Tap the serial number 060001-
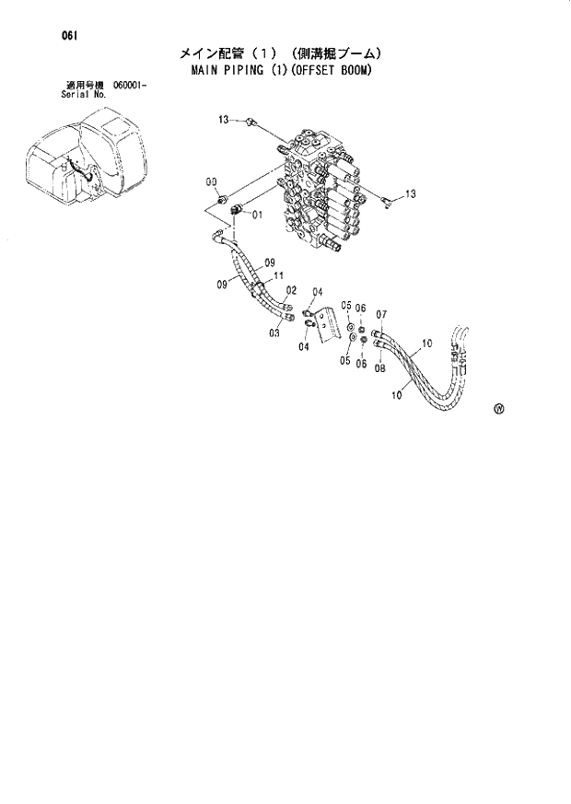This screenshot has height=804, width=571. (x=131, y=86)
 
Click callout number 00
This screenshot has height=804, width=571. (x=211, y=181)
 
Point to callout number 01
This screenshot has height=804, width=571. (x=257, y=215)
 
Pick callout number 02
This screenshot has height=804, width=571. (x=291, y=290)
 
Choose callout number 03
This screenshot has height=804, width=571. (x=274, y=333)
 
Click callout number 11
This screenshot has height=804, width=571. (x=277, y=275)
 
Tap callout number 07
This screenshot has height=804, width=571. (x=380, y=314)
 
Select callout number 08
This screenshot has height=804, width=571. (x=379, y=365)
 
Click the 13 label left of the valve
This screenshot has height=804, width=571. (x=223, y=120)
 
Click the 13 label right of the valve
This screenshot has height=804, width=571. (x=411, y=193)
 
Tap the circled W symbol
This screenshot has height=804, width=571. (x=498, y=411)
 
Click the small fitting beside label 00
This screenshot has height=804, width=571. (x=222, y=198)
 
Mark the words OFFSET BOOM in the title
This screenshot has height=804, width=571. (x=332, y=71)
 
